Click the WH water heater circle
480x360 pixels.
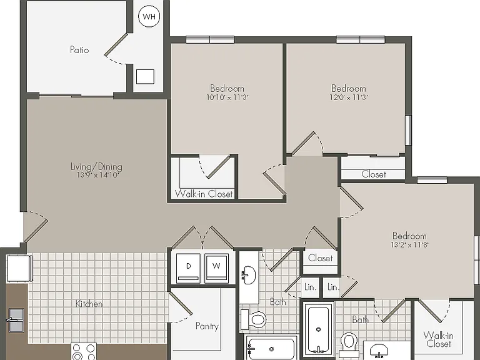click(x=149, y=16)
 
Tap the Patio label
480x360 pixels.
click(x=79, y=49)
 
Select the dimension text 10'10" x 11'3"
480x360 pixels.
click(x=227, y=97)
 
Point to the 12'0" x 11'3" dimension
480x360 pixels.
click(x=348, y=97)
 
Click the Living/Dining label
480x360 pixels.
click(x=96, y=166)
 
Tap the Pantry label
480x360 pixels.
click(x=207, y=326)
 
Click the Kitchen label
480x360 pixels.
click(x=89, y=304)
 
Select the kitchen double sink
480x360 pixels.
click(x=16, y=321)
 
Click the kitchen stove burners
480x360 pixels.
click(x=84, y=351)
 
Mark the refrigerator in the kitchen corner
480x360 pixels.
click(x=19, y=268)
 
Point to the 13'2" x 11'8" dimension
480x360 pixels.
click(x=409, y=244)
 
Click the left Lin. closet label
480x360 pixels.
click(x=310, y=287)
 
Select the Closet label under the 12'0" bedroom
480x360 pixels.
click(x=374, y=174)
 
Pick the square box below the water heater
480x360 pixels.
click(x=145, y=76)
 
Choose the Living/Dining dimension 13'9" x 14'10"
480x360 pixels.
click(x=97, y=175)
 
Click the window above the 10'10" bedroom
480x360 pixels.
click(x=210, y=39)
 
